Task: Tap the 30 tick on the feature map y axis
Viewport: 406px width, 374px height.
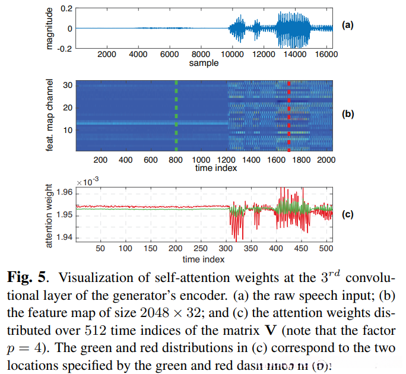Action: (x=68, y=85)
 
